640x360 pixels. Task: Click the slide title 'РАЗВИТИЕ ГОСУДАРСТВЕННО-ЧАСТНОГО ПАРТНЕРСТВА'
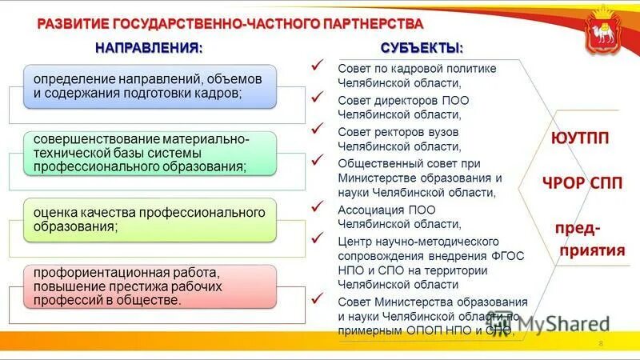click(230, 22)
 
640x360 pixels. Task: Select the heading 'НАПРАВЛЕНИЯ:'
click(149, 47)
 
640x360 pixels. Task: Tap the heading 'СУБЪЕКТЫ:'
click(422, 47)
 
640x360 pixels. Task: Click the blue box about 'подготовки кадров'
click(149, 87)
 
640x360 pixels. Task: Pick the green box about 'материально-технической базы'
click(149, 154)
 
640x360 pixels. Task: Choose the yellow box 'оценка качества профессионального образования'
click(149, 219)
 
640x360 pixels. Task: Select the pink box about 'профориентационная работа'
click(149, 286)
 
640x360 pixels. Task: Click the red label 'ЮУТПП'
click(580, 138)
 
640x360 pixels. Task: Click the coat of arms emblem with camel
click(606, 30)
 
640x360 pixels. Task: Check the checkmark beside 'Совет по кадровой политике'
click(318, 65)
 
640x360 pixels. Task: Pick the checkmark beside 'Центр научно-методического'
click(318, 238)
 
